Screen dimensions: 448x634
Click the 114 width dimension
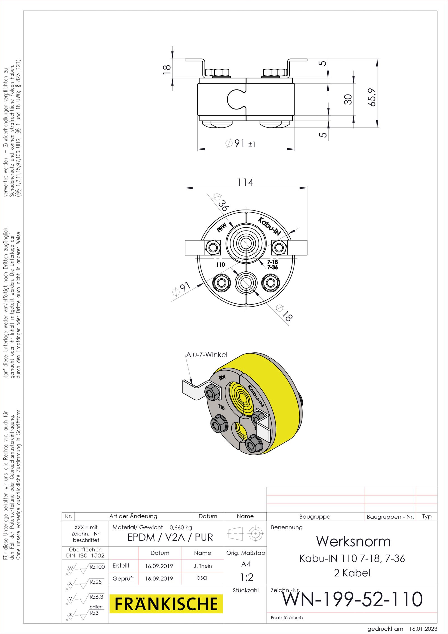click(246, 182)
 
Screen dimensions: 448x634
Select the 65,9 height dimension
click(372, 97)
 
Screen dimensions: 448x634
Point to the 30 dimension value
click(348, 99)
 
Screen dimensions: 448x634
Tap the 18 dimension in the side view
click(167, 69)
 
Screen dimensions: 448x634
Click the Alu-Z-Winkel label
click(207, 355)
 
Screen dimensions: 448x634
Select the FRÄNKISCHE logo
click(166, 604)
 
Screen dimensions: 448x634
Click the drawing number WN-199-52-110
click(353, 599)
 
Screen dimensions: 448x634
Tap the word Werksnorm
click(353, 541)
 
